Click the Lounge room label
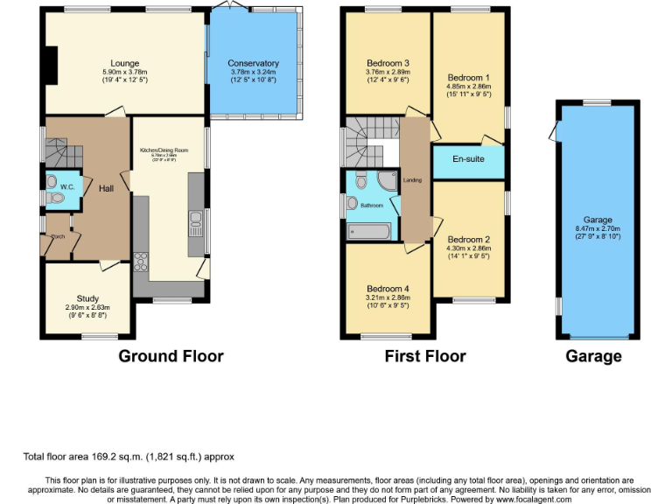point(126,63)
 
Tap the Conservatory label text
point(253,63)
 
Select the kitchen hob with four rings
point(140,262)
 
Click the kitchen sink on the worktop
point(195,225)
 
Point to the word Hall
point(105,188)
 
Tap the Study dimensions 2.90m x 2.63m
point(87,308)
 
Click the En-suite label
point(468,161)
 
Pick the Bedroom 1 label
point(466,76)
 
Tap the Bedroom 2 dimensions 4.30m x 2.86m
point(468,248)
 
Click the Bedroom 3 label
point(388,63)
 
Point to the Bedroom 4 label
point(388,289)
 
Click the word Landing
point(413,180)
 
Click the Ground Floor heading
point(171,356)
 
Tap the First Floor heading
point(425,356)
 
